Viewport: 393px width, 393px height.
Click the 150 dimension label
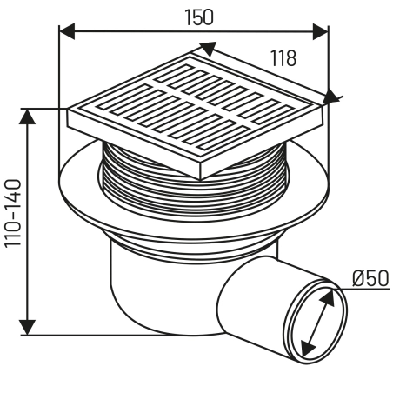point(199,17)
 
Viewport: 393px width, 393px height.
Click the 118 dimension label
point(283,58)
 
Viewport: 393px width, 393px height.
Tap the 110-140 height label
point(13,213)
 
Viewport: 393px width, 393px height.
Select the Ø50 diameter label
point(370,278)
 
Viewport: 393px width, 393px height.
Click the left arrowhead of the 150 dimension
point(66,31)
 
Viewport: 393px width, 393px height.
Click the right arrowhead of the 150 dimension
point(321,31)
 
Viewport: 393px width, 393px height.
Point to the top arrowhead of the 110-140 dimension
point(27,117)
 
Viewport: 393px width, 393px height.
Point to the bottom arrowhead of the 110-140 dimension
point(27,328)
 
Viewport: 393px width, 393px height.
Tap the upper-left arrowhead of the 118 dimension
point(208,49)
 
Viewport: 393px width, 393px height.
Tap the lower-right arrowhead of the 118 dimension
point(330,97)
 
